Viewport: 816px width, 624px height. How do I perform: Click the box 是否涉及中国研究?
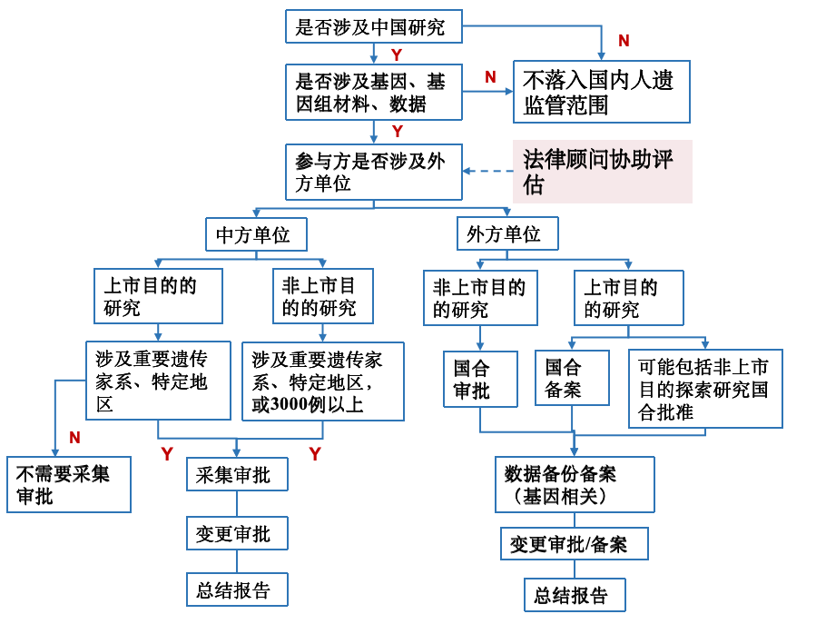point(374,26)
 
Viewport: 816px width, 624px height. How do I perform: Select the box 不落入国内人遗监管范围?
point(602,92)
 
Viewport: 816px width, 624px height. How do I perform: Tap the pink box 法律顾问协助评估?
point(603,172)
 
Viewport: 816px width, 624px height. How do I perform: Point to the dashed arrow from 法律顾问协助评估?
point(488,171)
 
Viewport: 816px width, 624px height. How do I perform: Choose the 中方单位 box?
point(256,234)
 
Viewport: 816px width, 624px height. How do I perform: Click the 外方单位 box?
point(507,233)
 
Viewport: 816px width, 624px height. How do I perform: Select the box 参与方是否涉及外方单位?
point(374,172)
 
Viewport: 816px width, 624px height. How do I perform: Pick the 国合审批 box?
point(480,379)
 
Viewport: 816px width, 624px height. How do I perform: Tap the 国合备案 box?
point(572,378)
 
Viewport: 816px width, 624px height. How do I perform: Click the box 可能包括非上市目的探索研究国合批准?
point(705,389)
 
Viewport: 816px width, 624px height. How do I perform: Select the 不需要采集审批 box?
point(69,484)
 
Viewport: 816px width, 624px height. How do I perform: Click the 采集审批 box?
point(237,474)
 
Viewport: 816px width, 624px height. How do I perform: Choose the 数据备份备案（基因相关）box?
point(575,484)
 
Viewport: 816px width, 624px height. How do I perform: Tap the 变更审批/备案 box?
point(575,544)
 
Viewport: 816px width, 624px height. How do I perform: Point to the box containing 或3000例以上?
point(322,381)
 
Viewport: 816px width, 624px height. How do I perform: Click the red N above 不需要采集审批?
point(75,438)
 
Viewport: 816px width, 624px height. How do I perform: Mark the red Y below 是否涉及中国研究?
point(397,54)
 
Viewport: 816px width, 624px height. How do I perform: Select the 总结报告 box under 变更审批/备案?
point(575,595)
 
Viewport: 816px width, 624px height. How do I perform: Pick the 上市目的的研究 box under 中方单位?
point(158,296)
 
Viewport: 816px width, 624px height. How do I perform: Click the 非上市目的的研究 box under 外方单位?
point(480,298)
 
